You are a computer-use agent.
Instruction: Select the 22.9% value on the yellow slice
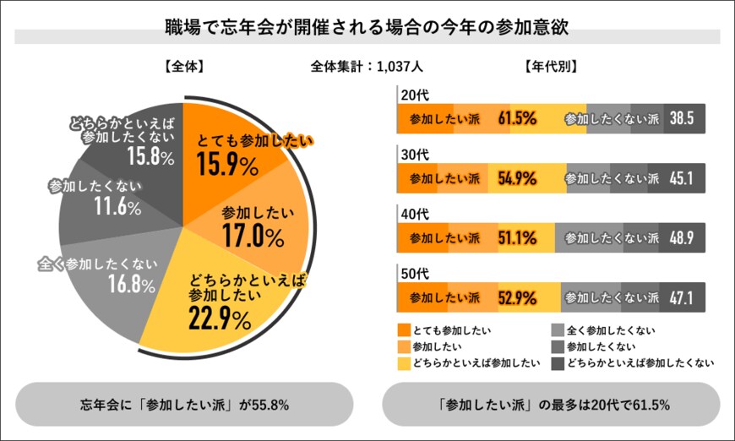pos(220,319)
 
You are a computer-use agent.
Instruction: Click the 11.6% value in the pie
pos(117,207)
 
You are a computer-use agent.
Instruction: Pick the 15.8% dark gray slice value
pos(150,156)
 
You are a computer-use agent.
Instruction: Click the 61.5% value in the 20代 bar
pos(518,118)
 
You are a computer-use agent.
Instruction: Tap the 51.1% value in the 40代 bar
pos(518,237)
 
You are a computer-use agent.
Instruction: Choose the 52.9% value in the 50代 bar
pos(518,297)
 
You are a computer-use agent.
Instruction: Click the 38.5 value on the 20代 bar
pos(681,118)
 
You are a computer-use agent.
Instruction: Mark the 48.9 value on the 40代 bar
pos(681,237)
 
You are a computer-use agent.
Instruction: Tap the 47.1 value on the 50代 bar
pos(681,297)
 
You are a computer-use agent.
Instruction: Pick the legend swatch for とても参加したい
pos(403,329)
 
